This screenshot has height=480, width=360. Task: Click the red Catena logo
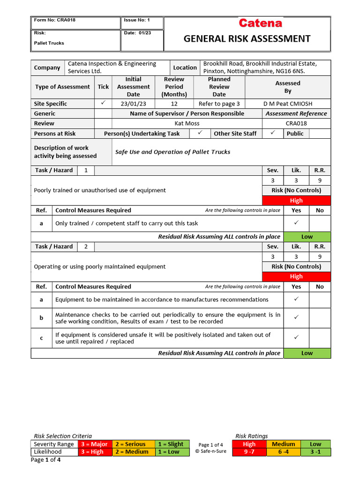point(260,23)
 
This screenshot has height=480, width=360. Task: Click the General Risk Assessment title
point(247,38)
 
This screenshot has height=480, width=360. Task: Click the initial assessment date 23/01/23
point(133,104)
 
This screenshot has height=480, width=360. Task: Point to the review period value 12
point(174,104)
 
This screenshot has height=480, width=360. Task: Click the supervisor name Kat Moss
point(187,123)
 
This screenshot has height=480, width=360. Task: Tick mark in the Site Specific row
point(103,103)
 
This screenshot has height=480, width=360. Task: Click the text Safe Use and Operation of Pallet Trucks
point(172,152)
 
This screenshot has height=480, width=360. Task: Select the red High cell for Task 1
point(296,201)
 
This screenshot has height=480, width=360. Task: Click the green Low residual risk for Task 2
point(307,353)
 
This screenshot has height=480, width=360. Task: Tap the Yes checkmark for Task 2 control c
point(296,337)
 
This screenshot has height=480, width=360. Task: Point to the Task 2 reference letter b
point(41,318)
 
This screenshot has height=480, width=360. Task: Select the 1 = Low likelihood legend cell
point(172,452)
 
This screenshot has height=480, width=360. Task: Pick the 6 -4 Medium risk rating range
point(283,452)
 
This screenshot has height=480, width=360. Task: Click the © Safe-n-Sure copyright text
point(210,452)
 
